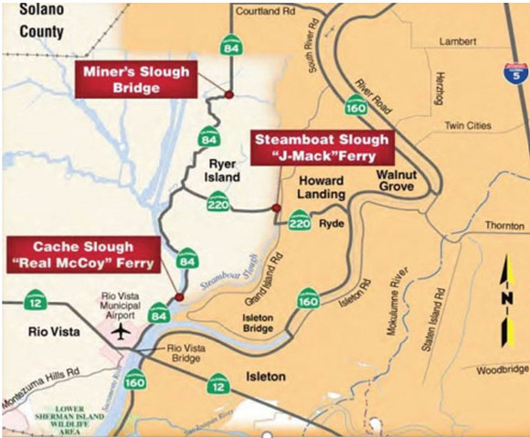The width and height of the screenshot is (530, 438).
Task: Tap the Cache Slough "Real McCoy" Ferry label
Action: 82,255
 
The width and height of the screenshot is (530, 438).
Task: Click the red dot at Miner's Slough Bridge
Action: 229,95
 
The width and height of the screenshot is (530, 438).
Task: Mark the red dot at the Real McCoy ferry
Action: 180,297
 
